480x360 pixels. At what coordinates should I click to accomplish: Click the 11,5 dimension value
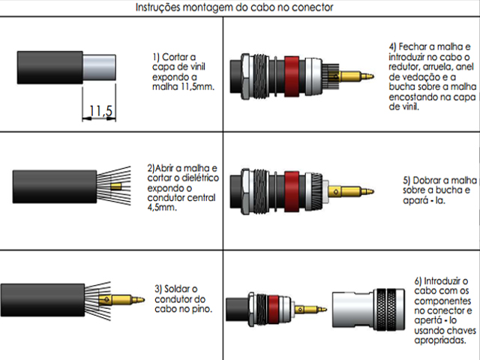point(100,111)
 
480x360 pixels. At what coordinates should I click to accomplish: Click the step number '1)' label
point(157,55)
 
